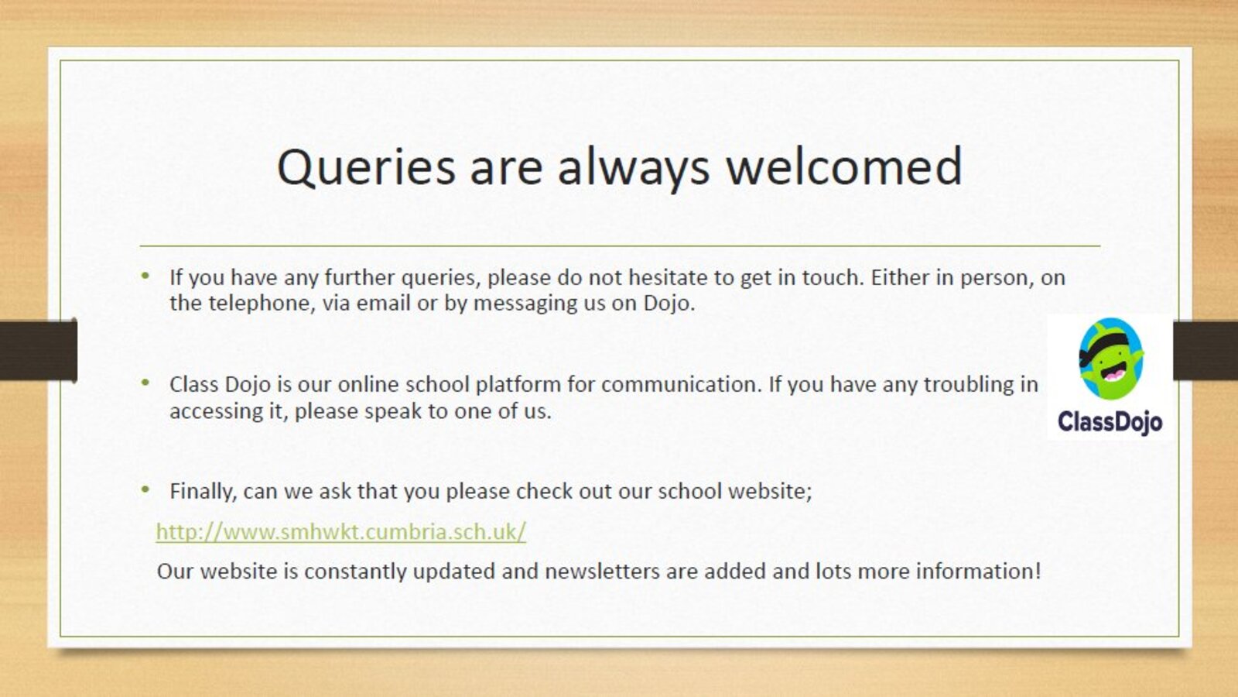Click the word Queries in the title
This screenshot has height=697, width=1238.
(366, 167)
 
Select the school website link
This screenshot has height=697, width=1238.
(341, 531)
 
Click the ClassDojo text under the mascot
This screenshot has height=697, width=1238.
(1110, 422)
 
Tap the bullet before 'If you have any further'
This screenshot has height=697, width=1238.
(145, 276)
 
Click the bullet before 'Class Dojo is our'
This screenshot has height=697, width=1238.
(145, 383)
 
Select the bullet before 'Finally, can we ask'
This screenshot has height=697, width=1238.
(145, 489)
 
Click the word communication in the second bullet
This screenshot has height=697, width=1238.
(682, 384)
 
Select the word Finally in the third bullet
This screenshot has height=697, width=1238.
(203, 491)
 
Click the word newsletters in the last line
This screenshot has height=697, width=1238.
(603, 571)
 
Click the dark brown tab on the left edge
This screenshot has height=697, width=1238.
(38, 349)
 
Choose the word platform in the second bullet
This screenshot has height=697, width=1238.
(518, 385)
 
